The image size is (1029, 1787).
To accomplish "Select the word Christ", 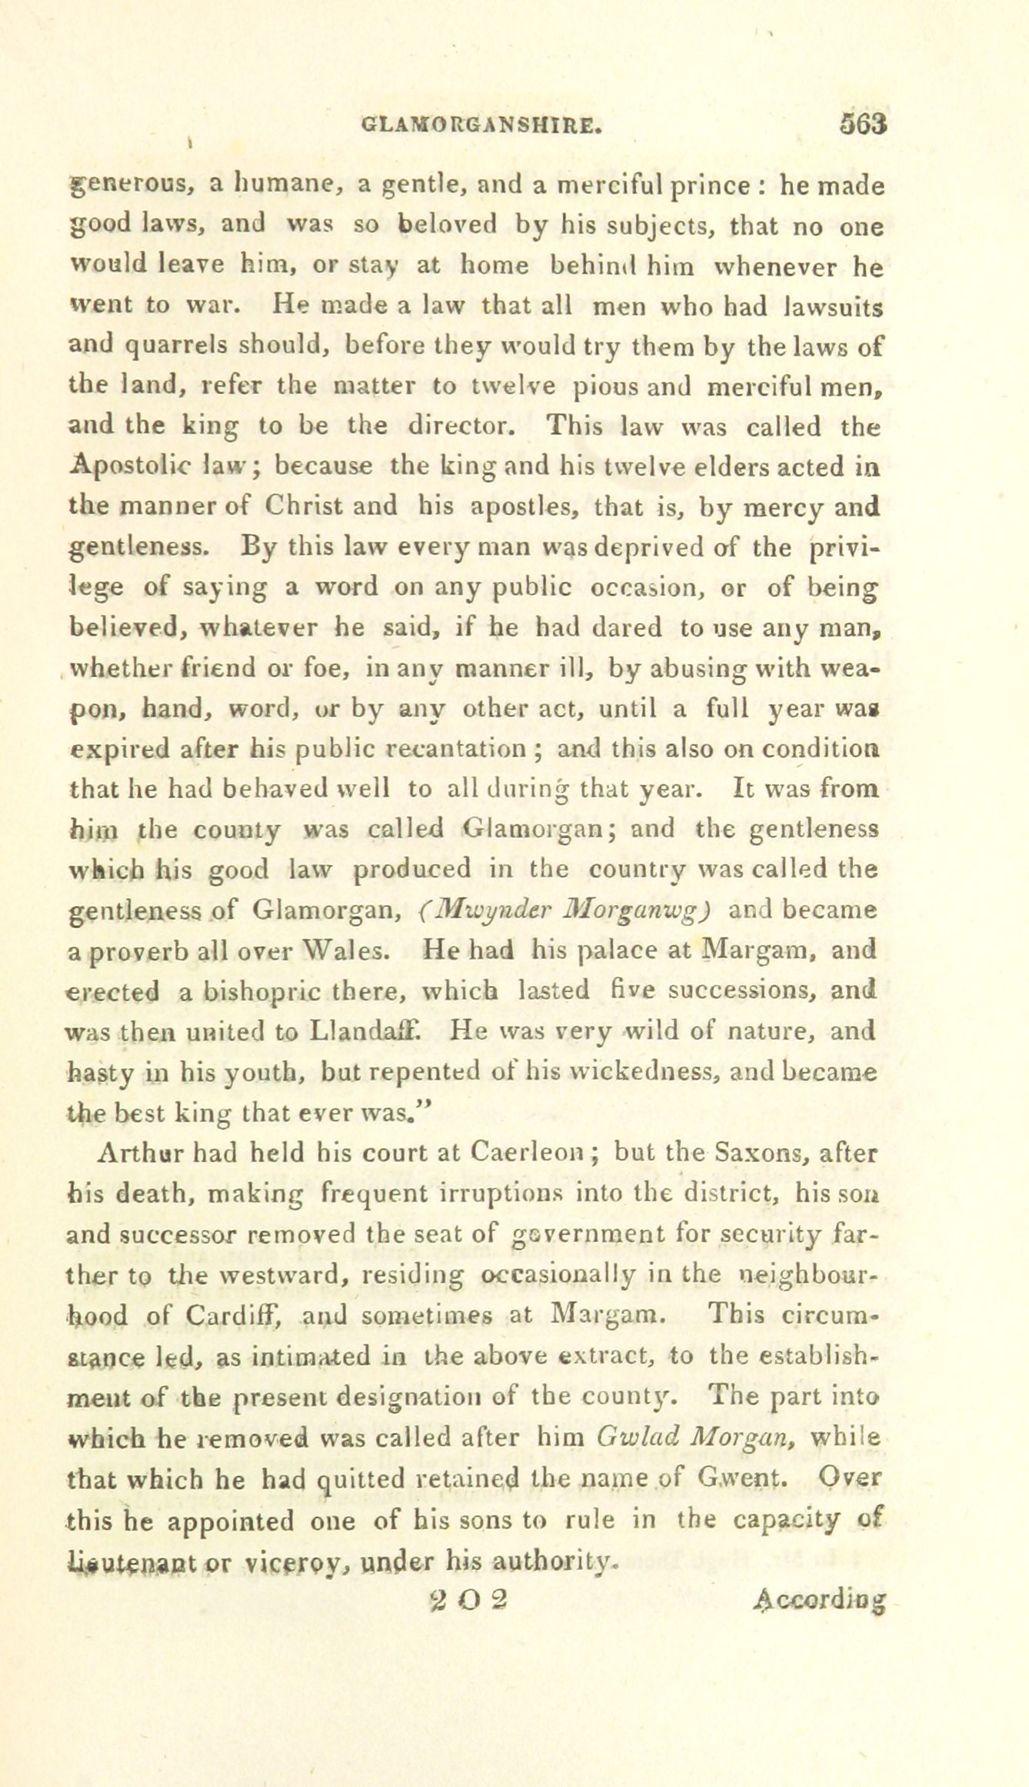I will [x=331, y=506].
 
